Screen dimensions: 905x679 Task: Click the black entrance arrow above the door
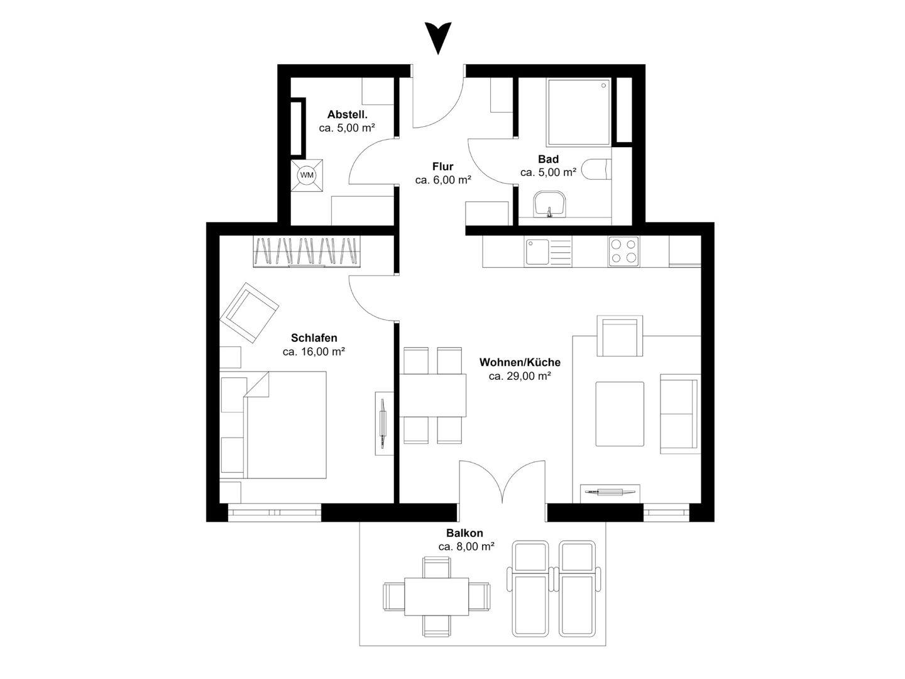(438, 38)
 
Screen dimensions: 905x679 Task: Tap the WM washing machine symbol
(307, 175)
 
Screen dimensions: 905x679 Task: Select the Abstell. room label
(347, 114)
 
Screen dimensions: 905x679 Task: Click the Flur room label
(443, 167)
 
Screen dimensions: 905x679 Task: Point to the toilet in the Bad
(596, 168)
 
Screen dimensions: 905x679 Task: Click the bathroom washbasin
(549, 204)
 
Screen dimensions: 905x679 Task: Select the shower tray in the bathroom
(578, 112)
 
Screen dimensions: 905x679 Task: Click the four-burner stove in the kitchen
(623, 251)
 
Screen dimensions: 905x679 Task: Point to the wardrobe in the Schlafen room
(307, 251)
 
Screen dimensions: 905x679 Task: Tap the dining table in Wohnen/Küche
(432, 395)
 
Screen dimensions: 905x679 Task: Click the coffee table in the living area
(620, 414)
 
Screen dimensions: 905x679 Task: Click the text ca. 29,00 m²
(520, 376)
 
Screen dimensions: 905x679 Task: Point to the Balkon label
(464, 533)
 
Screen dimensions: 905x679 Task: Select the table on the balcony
(437, 597)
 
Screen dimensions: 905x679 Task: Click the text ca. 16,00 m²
(314, 351)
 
